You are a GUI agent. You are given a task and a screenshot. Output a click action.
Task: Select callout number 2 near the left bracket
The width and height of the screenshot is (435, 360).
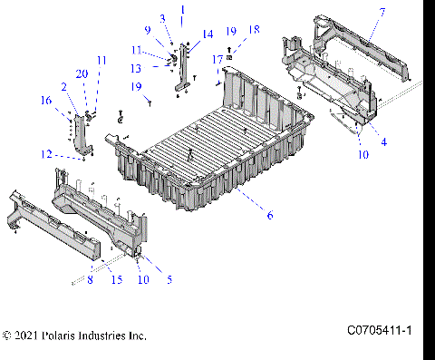63,86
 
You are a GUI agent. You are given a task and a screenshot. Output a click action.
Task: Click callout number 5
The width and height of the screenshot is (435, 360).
169,279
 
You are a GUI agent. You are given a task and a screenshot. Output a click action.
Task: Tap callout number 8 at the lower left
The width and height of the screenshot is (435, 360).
89,280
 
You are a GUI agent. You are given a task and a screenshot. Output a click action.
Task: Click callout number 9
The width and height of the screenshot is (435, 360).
148,30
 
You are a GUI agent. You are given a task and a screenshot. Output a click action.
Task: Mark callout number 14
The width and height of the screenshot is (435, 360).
208,34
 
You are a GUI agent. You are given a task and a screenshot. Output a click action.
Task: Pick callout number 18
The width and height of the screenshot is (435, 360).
254,29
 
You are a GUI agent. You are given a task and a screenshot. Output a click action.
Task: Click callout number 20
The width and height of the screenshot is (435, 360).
82,73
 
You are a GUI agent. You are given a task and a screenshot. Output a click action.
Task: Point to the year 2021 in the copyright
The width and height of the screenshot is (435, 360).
26,336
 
